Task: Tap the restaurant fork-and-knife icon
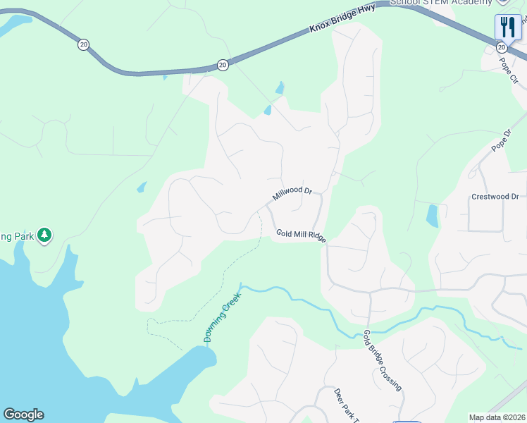click(x=508, y=27)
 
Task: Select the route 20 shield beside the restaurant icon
click(x=501, y=47)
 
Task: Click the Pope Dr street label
click(x=501, y=140)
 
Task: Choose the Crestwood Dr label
click(x=495, y=197)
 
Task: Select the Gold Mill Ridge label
click(x=301, y=235)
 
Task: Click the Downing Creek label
click(x=223, y=318)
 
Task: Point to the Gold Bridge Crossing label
click(x=383, y=360)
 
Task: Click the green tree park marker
click(x=45, y=235)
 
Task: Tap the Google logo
click(x=23, y=415)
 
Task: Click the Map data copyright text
click(x=497, y=417)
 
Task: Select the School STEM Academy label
click(x=440, y=3)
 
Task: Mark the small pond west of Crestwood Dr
click(x=432, y=216)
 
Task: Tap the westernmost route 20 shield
click(x=84, y=44)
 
